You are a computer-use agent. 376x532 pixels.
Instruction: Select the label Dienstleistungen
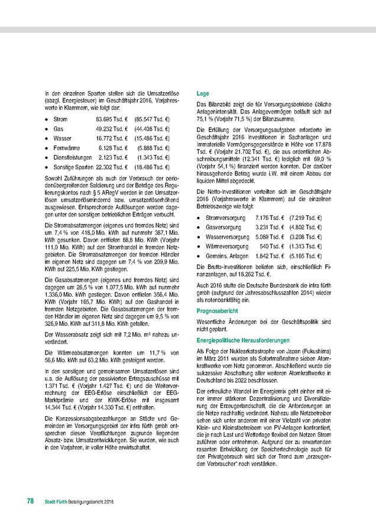(x=73, y=158)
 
